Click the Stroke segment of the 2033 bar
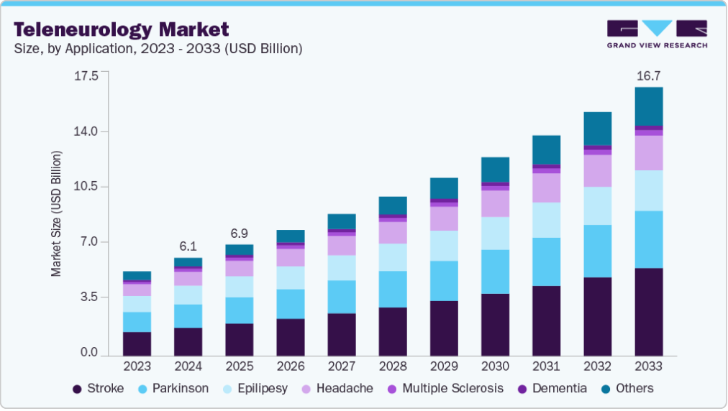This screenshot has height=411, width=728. point(648,312)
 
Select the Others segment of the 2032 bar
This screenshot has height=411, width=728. point(597,129)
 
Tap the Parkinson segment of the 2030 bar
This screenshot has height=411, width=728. point(495,272)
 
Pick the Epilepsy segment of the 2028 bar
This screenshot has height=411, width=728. point(393,257)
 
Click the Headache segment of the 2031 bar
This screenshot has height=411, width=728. point(546,188)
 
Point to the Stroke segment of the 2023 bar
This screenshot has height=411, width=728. point(137,343)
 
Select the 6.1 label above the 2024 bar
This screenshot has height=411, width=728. point(188,246)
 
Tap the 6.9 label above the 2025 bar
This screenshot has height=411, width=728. point(239,234)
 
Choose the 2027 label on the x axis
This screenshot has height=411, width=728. point(341,366)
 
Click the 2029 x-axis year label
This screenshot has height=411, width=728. point(443,366)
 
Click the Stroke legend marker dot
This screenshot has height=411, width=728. point(77,389)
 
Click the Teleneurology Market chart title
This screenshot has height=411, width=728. point(122,29)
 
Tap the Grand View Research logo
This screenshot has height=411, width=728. point(657,34)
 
